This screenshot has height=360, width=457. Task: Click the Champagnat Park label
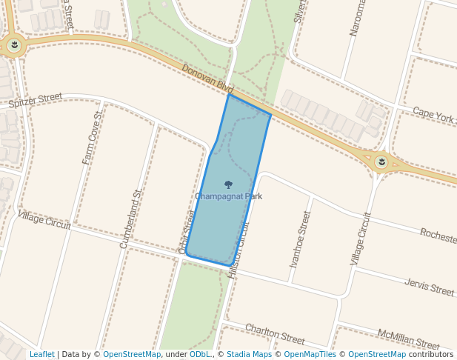pos(228,196)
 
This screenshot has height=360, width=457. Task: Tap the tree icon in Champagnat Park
pos(228,185)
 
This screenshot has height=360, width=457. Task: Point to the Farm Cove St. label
pos(93,139)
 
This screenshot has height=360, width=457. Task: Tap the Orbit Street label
pos(187,231)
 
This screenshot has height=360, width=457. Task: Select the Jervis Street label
pos(430,287)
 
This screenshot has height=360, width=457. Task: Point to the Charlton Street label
pos(274,334)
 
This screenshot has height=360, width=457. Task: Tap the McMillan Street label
pos(408,339)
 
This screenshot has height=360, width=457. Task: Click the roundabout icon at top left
pos(13,47)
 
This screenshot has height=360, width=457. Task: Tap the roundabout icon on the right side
pos(381,161)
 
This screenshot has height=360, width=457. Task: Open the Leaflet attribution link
pos(41,354)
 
